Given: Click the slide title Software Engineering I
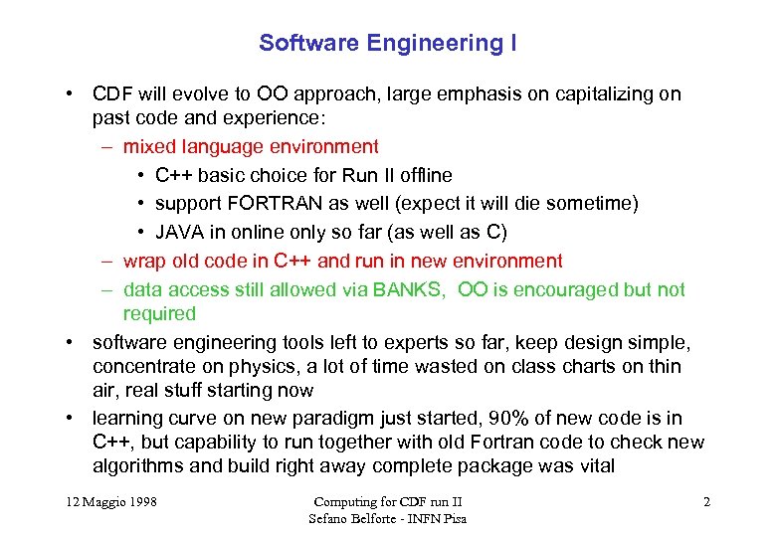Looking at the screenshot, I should pos(387,43).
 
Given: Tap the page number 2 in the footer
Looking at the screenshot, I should pos(706,502).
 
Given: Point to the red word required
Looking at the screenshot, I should pos(159,313).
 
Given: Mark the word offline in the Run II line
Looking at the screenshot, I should pos(423,175).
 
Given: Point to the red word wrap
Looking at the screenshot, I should pos(144,261).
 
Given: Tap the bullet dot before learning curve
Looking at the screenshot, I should pos(73,418).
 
